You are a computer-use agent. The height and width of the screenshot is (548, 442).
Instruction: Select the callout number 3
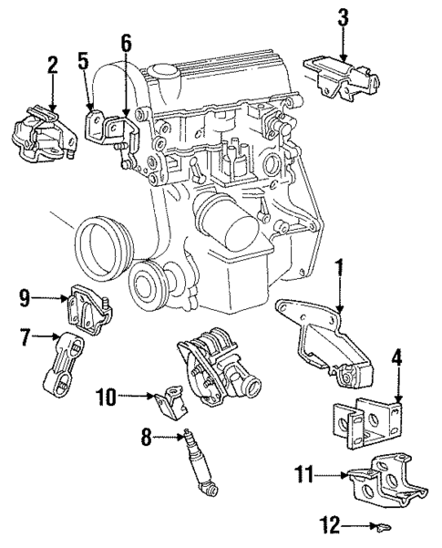(343, 17)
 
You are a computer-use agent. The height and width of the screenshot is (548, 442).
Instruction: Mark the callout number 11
(303, 472)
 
